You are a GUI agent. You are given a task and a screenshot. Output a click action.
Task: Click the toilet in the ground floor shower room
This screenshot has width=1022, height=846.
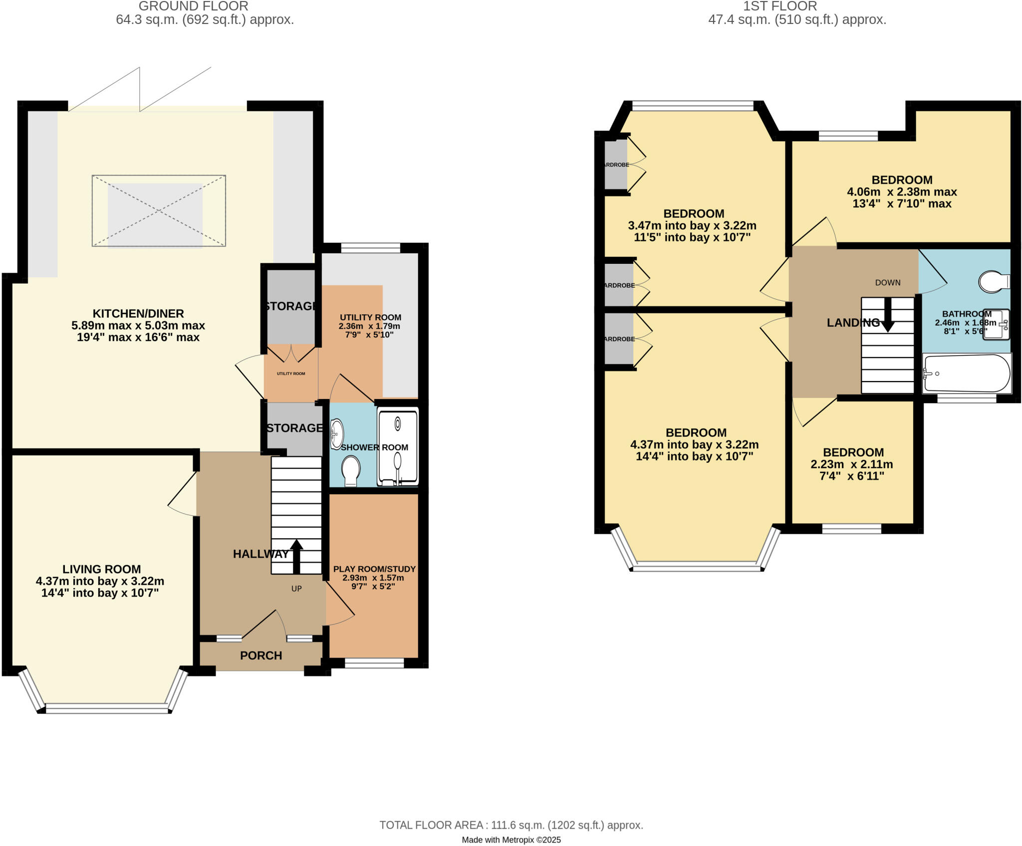click(351, 470)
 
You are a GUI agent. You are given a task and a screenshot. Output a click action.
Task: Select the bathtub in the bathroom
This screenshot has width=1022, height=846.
click(966, 374)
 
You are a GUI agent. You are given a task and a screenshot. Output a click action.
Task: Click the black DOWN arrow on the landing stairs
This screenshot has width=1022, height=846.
click(888, 315)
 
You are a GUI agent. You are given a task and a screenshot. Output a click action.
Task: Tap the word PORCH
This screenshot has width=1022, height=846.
click(261, 655)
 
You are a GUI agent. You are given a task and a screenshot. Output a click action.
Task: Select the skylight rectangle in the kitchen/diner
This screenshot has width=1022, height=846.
click(159, 211)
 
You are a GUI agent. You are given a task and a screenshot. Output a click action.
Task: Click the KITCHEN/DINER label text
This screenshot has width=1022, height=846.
click(138, 313)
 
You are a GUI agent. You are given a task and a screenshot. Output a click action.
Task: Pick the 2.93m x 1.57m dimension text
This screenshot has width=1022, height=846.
click(373, 578)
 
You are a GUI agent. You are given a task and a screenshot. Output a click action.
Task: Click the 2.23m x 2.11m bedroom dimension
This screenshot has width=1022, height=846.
click(852, 464)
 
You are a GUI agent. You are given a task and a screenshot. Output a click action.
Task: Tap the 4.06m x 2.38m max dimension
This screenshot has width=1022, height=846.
click(902, 192)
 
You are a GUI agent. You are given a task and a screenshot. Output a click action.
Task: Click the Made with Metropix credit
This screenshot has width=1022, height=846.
click(511, 840)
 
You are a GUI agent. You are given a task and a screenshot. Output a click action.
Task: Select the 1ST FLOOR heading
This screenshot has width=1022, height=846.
click(779, 6)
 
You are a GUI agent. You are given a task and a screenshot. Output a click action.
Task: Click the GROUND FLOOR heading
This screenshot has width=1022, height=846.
click(193, 6)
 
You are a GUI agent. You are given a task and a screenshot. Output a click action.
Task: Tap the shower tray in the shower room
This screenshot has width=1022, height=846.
click(398, 447)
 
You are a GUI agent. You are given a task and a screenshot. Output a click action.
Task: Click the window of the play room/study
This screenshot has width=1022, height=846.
click(374, 663)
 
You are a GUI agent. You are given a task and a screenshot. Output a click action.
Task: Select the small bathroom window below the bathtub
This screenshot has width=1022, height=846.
click(967, 398)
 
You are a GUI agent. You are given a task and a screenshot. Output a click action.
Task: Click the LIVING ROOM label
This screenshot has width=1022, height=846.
click(101, 569)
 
